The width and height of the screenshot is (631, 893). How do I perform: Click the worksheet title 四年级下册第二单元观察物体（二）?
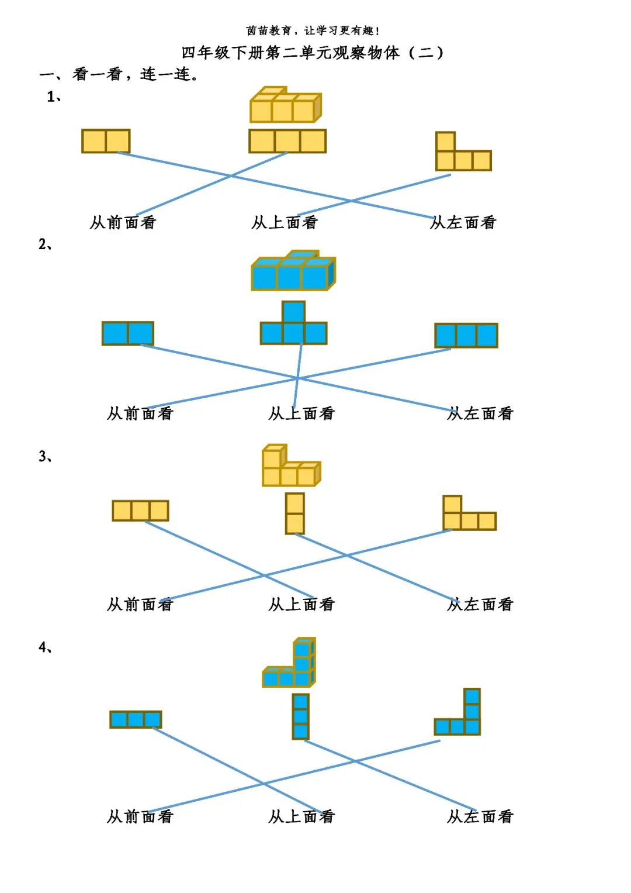pyautogui.click(x=313, y=53)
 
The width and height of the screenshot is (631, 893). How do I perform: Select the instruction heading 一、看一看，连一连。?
pyautogui.click(x=119, y=74)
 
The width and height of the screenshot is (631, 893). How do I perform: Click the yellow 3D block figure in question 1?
pyautogui.click(x=285, y=105)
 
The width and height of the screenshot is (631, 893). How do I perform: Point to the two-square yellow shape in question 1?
pyautogui.click(x=106, y=141)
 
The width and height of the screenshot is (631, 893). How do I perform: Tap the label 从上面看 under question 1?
pyautogui.click(x=285, y=222)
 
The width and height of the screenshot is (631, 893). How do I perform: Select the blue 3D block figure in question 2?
pyautogui.click(x=293, y=271)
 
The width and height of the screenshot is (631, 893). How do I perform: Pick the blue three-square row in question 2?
pyautogui.click(x=466, y=336)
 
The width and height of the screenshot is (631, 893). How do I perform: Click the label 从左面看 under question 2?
pyautogui.click(x=480, y=413)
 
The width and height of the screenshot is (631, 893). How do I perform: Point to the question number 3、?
pyautogui.click(x=46, y=456)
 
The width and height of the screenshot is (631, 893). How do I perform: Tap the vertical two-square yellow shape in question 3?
pyautogui.click(x=295, y=513)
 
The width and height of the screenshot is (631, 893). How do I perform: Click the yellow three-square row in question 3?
pyautogui.click(x=140, y=511)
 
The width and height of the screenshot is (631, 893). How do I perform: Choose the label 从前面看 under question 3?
pyautogui.click(x=140, y=604)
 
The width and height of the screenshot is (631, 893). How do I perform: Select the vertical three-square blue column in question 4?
pyautogui.click(x=300, y=716)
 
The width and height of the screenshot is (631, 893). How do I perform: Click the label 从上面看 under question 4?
pyautogui.click(x=301, y=816)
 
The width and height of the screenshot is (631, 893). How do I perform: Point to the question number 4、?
pyautogui.click(x=46, y=647)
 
